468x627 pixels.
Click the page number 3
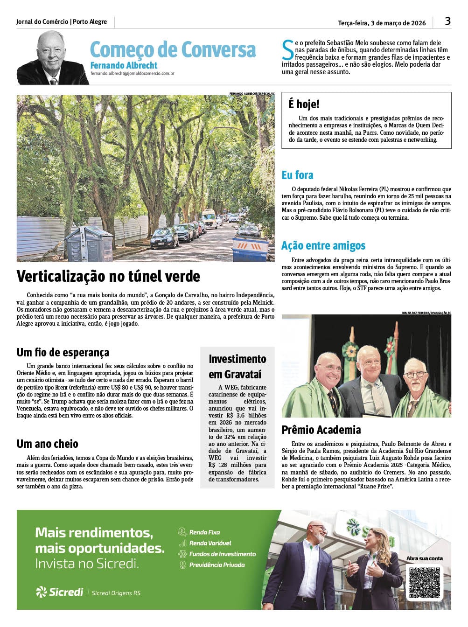447,21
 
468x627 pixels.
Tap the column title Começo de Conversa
173,49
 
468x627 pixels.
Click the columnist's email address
132,73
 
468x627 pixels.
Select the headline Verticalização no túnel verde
108,276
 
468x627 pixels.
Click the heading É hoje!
304,104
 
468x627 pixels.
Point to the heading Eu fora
297,175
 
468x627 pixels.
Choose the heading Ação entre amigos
323,246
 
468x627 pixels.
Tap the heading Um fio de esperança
63,352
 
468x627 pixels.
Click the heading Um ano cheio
48,444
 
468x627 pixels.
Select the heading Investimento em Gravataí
237,366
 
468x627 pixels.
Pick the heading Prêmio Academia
321,430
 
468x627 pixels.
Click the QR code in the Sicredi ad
424,583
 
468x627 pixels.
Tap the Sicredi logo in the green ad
60,592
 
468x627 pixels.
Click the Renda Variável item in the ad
210,543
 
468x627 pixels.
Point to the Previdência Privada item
217,565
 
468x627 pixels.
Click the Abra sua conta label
424,558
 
